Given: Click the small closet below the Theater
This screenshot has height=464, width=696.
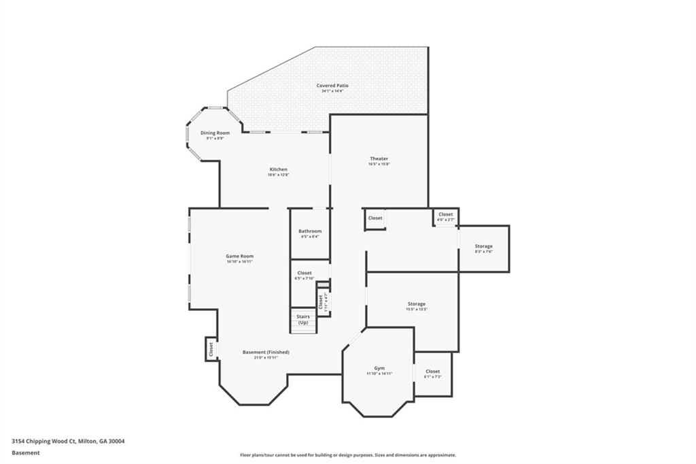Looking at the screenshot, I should (375, 218).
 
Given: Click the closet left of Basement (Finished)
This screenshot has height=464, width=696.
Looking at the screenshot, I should (211, 349).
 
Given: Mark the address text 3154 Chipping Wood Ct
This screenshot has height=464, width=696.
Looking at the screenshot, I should (68, 441).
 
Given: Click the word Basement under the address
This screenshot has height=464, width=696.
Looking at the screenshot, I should (25, 452).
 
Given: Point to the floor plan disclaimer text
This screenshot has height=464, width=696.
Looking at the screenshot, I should (347, 455).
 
